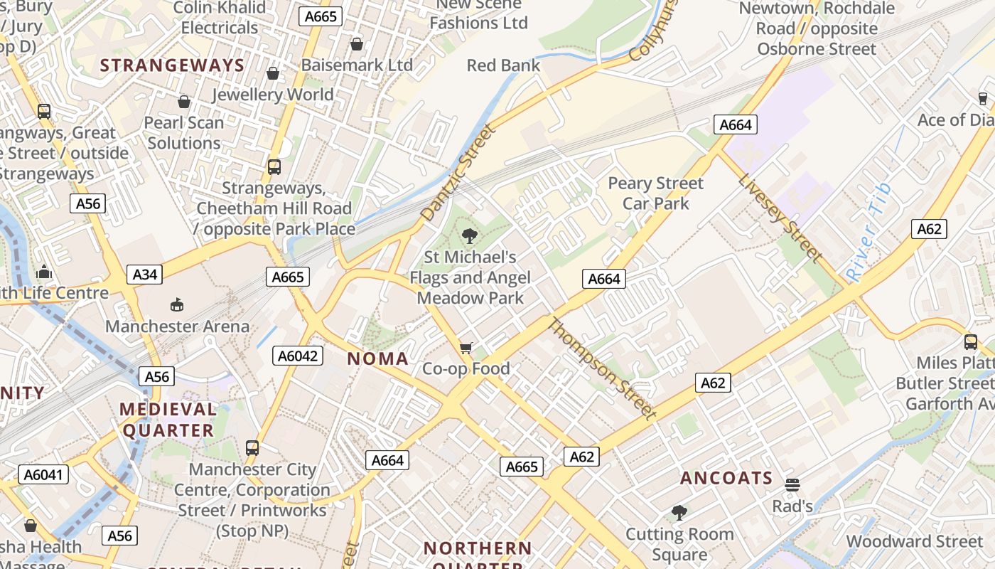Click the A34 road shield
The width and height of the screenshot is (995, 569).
pos(144,274)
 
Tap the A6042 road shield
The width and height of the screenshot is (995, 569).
pos(298,356)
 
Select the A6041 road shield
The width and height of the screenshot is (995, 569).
pos(43,474)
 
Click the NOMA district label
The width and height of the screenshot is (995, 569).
pos(377,359)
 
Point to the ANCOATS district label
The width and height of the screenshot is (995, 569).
pos(726,478)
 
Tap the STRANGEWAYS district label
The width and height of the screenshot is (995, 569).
pos(172,65)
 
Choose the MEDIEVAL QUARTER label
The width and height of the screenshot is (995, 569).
pos(168,420)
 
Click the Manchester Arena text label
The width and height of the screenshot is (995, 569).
pos(178,326)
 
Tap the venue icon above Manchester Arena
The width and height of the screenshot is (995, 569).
pos(177,305)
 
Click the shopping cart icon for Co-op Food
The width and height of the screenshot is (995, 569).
pos(466,347)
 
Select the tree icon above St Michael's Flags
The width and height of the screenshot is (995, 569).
pos(469,235)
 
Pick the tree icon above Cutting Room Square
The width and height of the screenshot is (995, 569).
pos(679,512)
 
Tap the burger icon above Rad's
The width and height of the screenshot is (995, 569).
pos(792,485)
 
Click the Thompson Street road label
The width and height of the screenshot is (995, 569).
pos(601,368)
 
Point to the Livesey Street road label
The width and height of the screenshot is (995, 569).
pos(780,217)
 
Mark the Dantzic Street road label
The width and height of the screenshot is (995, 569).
pos(458,172)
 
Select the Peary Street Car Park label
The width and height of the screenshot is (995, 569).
pos(655,193)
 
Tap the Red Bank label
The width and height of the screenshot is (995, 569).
pos(503,65)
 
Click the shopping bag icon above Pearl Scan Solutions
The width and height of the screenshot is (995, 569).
pos(184,102)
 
